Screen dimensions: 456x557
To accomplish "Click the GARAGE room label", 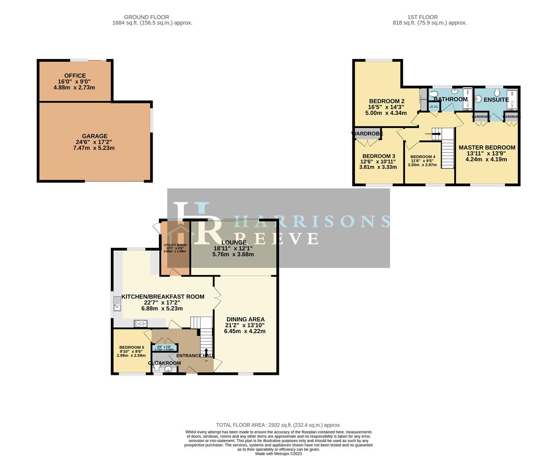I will pos(94,136).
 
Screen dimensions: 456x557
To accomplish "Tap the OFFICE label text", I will pos(75,76).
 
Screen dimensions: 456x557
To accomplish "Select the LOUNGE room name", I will pos(233,243).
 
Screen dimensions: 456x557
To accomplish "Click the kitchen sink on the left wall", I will pos(117,304).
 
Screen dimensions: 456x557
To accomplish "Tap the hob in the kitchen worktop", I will pos(141,324).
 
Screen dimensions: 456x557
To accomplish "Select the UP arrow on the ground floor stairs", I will pos(206,353).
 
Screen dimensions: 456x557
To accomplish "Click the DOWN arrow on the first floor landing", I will pos(436,134).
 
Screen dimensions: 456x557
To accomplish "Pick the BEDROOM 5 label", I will pos(131,347).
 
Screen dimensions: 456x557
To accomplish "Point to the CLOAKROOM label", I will pos(164,363).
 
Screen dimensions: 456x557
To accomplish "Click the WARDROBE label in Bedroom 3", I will pos(367,134).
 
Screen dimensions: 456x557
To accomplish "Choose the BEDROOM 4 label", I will pos(423,157).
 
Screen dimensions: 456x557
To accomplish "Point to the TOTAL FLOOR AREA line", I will pos(278,425).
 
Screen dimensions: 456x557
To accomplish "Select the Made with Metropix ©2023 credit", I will pos(278,454).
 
